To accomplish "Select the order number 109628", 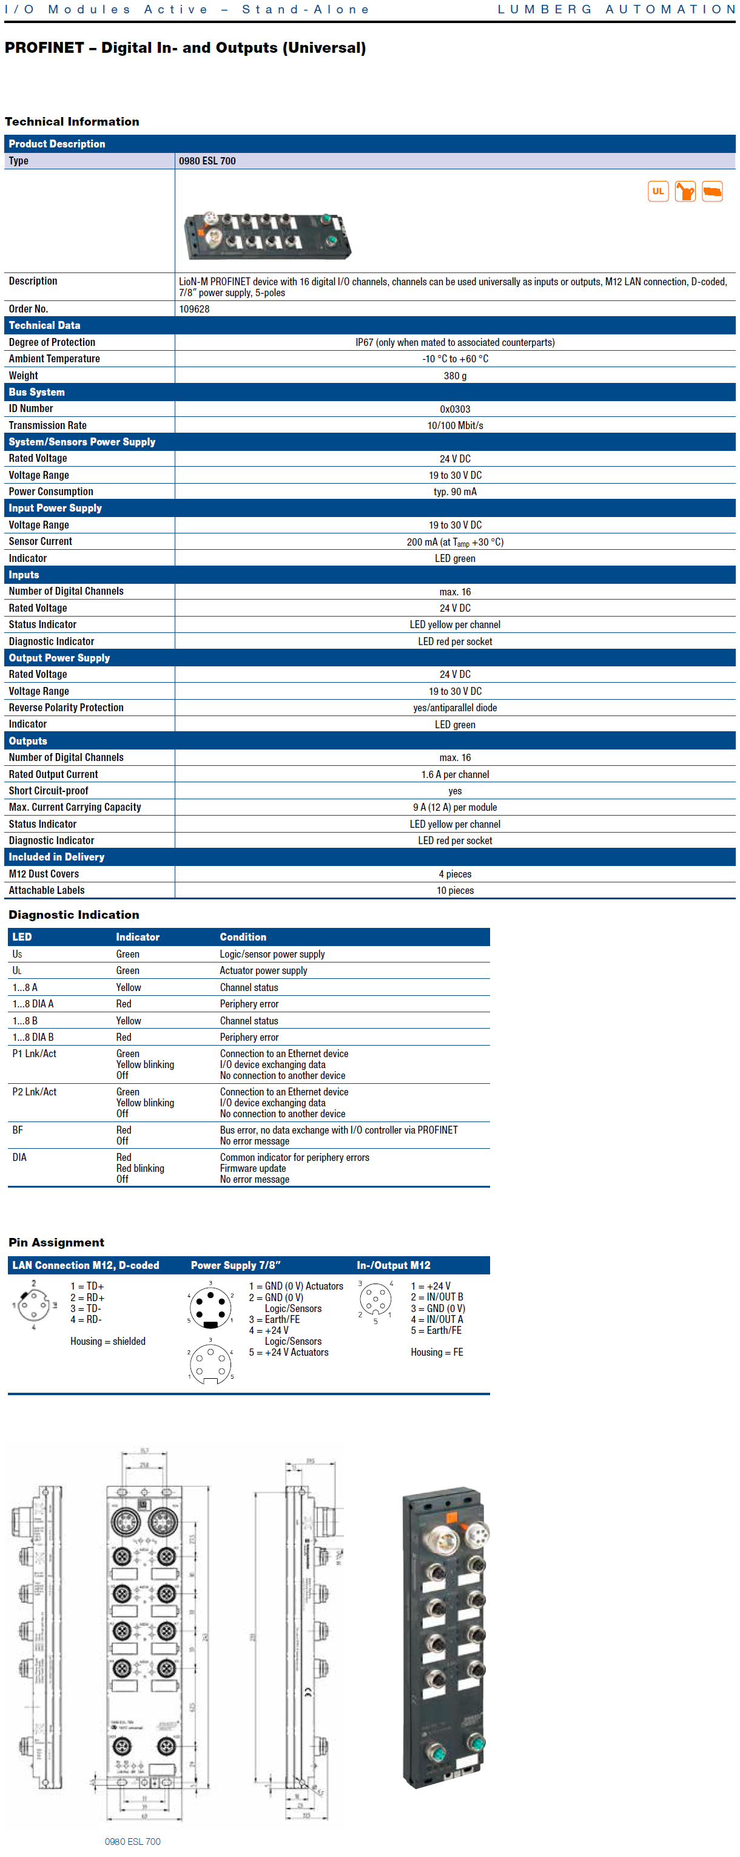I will pos(195,309).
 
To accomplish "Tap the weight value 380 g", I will pos(455,376).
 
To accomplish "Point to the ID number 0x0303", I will pos(455,409).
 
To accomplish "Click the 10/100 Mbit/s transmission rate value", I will pos(455,425).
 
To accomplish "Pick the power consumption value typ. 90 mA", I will pos(455,492).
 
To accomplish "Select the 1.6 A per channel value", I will pos(455,774).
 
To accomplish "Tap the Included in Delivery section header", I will pos(56,857).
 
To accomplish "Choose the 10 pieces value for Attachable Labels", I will pos(455,890).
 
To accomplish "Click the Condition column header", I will pos(243,937).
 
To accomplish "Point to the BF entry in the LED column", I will pos(18,1131).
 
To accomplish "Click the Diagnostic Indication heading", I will pos(73,915).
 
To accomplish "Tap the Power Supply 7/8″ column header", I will pos(235,1265).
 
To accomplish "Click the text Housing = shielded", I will pos(107,1342).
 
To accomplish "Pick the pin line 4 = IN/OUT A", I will pos(437,1319).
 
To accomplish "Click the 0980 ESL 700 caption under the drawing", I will pos(133,1841).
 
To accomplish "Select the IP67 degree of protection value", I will pos(455,342).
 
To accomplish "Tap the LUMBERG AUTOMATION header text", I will pos(616,9).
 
